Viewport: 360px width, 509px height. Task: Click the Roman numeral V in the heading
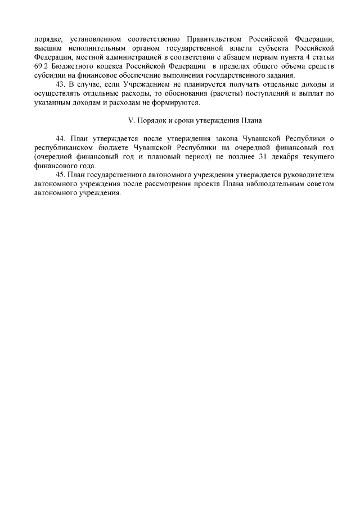click(131, 121)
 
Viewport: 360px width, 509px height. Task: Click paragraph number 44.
click(61, 139)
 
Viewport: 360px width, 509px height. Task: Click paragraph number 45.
click(61, 175)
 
